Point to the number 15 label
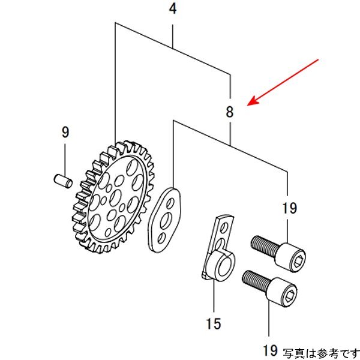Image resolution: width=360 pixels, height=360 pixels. click(x=214, y=324)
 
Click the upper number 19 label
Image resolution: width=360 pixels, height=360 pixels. click(x=289, y=209)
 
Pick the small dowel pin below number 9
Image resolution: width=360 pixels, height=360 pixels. click(x=62, y=179)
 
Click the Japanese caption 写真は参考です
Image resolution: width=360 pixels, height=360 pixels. click(x=320, y=351)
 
